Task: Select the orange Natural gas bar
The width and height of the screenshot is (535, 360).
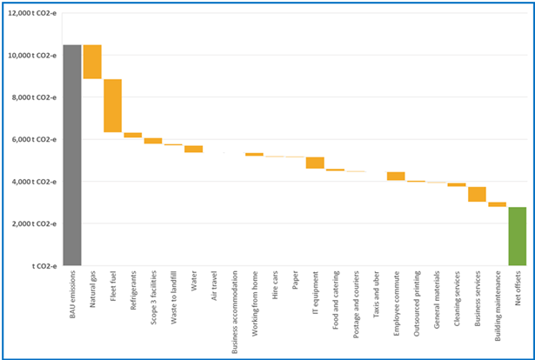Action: coord(92,62)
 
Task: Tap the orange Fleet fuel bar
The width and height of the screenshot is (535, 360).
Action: coord(112,105)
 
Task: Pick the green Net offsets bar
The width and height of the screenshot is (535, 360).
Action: coord(518,236)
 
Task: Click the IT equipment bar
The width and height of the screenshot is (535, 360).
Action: coord(315,163)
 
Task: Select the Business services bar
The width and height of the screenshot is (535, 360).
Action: coord(477,194)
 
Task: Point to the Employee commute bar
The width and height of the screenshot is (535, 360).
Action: coord(396,177)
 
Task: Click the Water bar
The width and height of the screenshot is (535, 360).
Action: coord(193,149)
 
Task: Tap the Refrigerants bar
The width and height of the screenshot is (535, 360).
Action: coord(133,135)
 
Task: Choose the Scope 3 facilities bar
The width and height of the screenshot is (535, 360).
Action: coord(153,140)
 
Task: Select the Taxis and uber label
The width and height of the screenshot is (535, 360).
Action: coord(376,297)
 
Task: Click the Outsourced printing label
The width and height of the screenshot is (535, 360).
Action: coord(417,303)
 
